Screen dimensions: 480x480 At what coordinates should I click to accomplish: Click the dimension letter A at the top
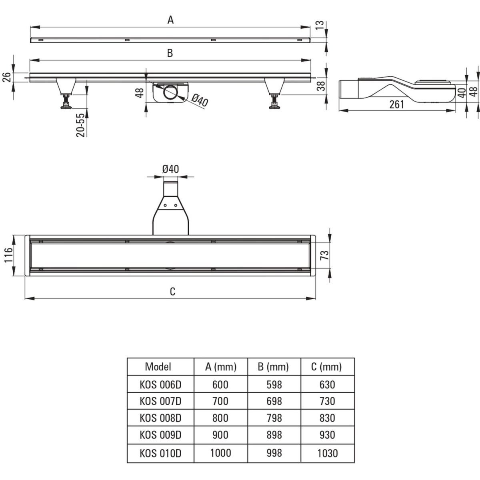(170, 20)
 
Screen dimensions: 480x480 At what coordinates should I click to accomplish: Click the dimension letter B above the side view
(170, 53)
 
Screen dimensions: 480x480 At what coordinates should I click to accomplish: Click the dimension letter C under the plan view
(172, 291)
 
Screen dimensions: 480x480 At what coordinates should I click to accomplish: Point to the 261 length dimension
(397, 104)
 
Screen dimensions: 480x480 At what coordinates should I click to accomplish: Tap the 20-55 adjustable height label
(81, 125)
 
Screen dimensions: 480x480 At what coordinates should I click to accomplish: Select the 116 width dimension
(9, 255)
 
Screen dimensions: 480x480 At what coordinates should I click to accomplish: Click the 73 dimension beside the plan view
(324, 255)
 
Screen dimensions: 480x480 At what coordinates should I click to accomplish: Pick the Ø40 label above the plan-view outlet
(170, 169)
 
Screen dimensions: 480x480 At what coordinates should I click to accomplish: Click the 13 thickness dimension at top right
(320, 25)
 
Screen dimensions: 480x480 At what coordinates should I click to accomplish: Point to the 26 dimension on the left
(7, 77)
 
